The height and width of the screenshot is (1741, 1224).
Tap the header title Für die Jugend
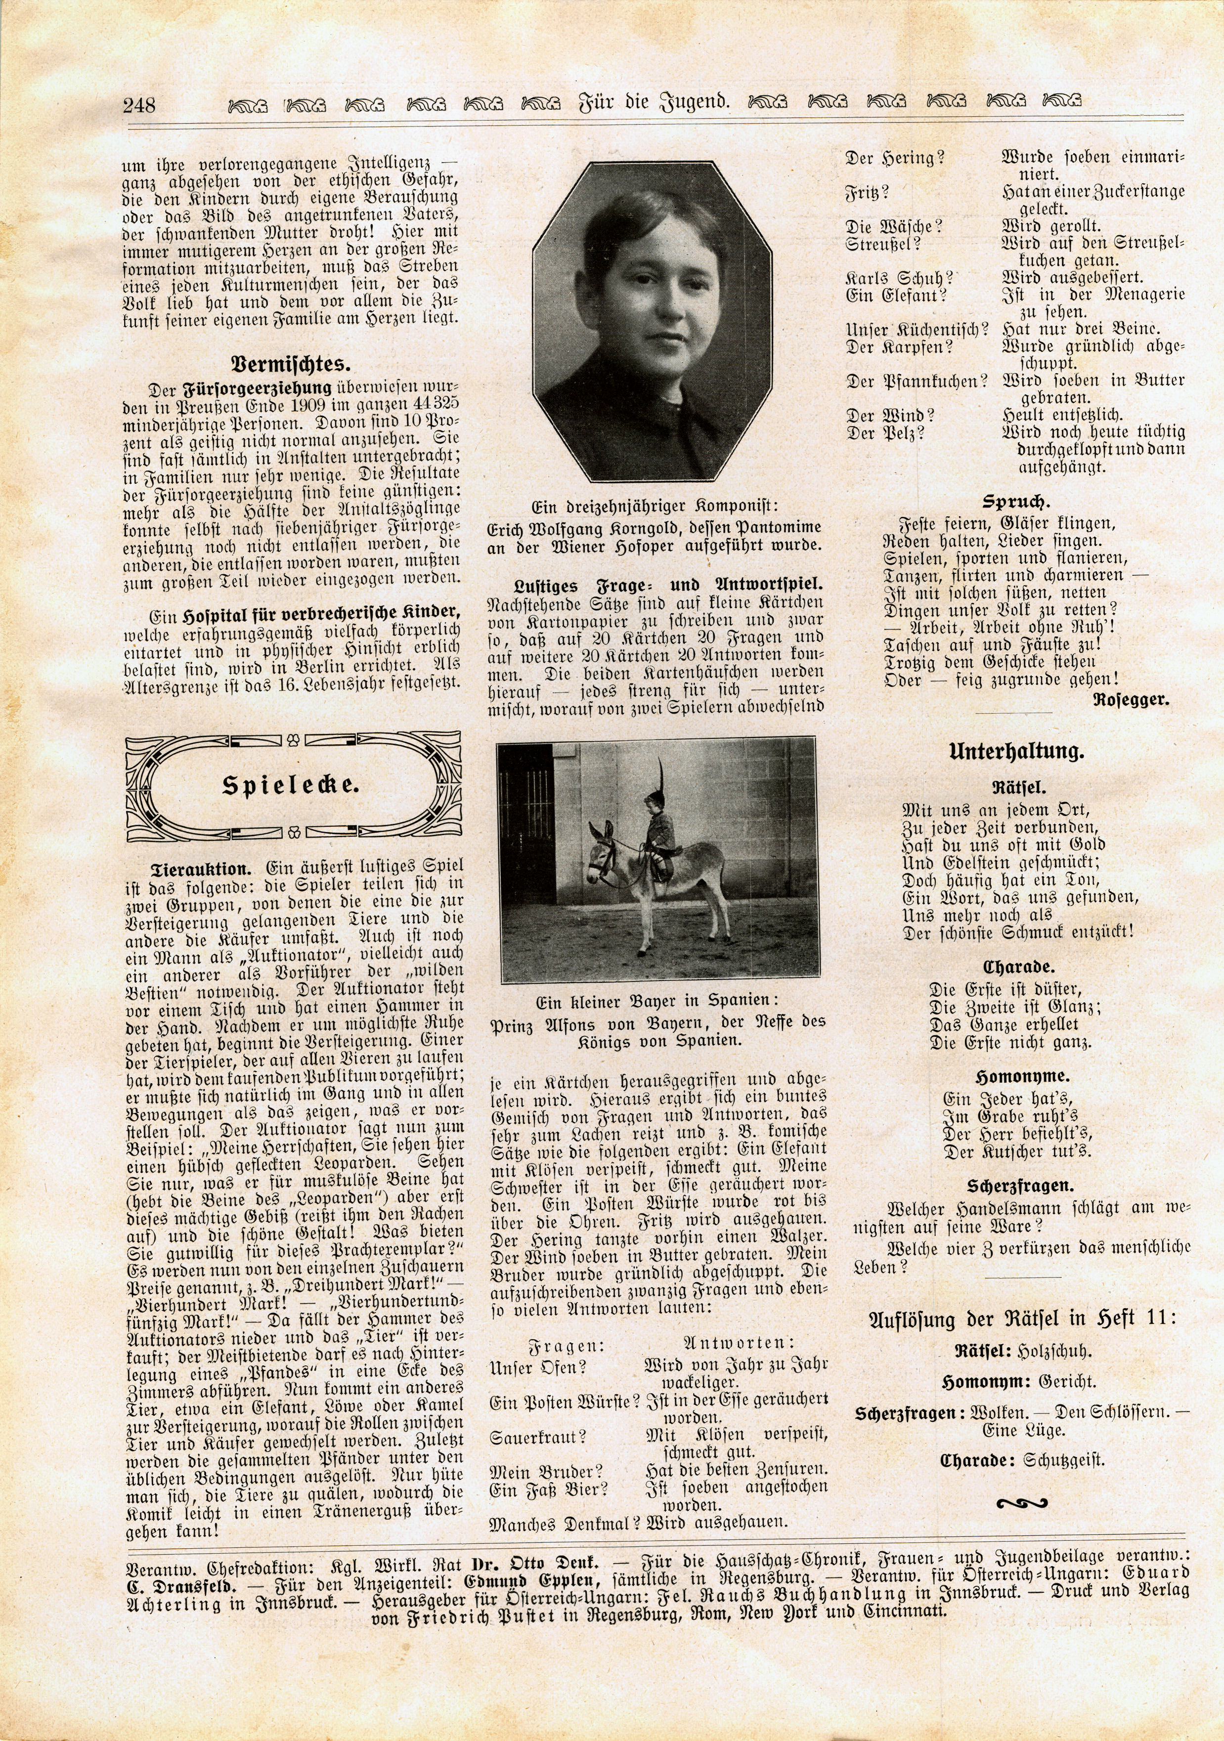point(653,101)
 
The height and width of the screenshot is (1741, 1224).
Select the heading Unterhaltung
point(1016,752)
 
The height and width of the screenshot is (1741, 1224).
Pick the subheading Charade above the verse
point(1008,968)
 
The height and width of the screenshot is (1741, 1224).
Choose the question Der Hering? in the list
point(895,159)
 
